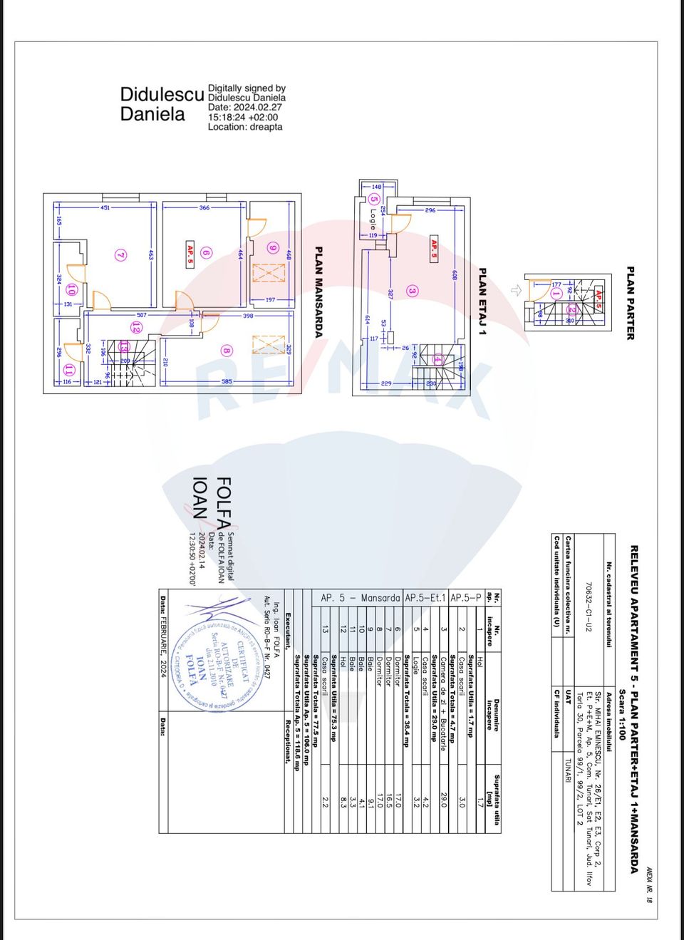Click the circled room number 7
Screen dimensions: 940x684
click(x=121, y=254)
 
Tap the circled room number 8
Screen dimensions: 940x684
click(x=227, y=350)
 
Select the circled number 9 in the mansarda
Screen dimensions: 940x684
click(x=272, y=247)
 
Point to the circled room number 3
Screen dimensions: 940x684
click(x=412, y=290)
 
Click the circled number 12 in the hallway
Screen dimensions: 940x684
click(x=135, y=327)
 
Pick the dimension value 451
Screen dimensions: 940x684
click(x=105, y=207)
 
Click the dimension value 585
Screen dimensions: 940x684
click(x=227, y=382)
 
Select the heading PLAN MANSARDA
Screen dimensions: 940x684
click(x=318, y=291)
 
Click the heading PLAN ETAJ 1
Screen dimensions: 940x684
click(x=482, y=301)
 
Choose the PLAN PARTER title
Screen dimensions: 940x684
click(x=630, y=303)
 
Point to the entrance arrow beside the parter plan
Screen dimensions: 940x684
click(x=516, y=290)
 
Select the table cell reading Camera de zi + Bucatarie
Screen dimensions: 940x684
click(x=443, y=703)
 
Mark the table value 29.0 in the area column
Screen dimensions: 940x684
click(x=443, y=800)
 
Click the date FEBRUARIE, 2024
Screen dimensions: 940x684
click(x=163, y=636)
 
